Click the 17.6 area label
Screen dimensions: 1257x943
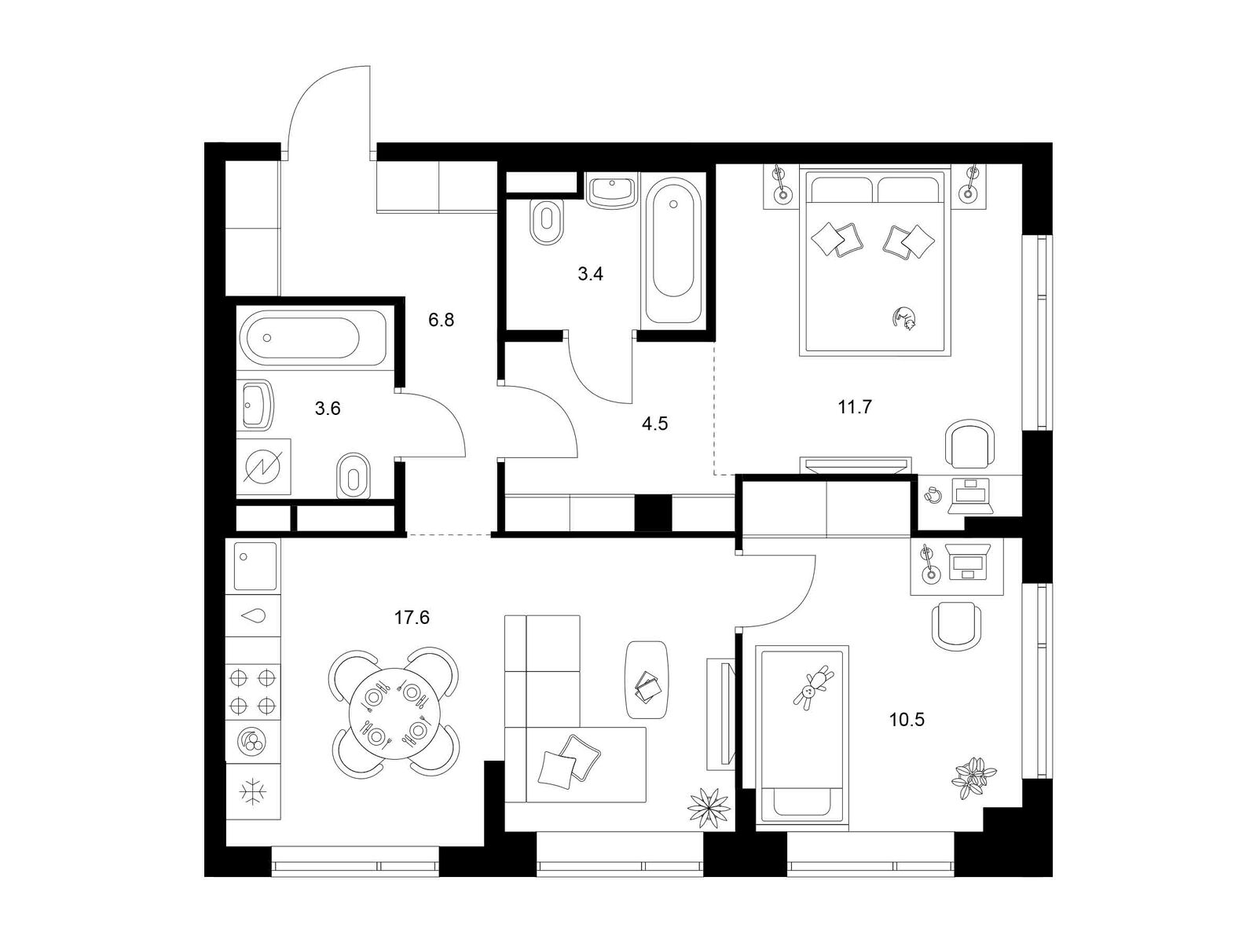tap(412, 618)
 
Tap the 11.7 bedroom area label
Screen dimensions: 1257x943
tap(855, 407)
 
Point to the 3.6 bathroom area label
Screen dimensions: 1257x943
tap(328, 408)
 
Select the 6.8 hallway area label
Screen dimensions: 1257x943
tap(441, 320)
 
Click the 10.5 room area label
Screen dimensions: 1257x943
tap(907, 719)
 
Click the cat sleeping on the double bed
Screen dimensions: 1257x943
tap(904, 318)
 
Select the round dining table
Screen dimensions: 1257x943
tap(394, 712)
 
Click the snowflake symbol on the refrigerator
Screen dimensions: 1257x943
tap(253, 792)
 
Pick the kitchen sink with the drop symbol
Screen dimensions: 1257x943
tap(253, 615)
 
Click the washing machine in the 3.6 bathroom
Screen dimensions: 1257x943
tap(264, 467)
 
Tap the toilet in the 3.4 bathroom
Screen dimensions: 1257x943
tap(547, 222)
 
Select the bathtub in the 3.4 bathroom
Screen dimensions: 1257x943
tap(672, 252)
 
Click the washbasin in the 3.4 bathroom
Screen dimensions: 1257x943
tap(612, 192)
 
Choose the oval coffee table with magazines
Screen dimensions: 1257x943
tap(647, 681)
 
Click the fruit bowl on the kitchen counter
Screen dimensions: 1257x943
tap(253, 742)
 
